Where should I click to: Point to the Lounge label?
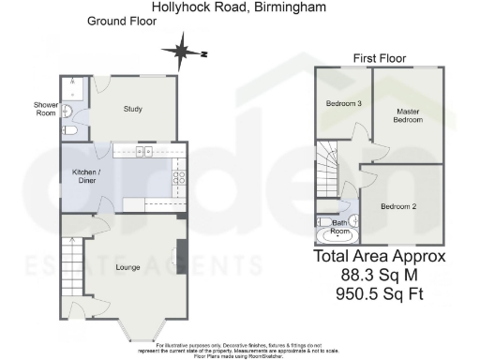[127, 267]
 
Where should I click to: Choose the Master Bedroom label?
[407, 115]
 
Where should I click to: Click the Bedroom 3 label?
[343, 103]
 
